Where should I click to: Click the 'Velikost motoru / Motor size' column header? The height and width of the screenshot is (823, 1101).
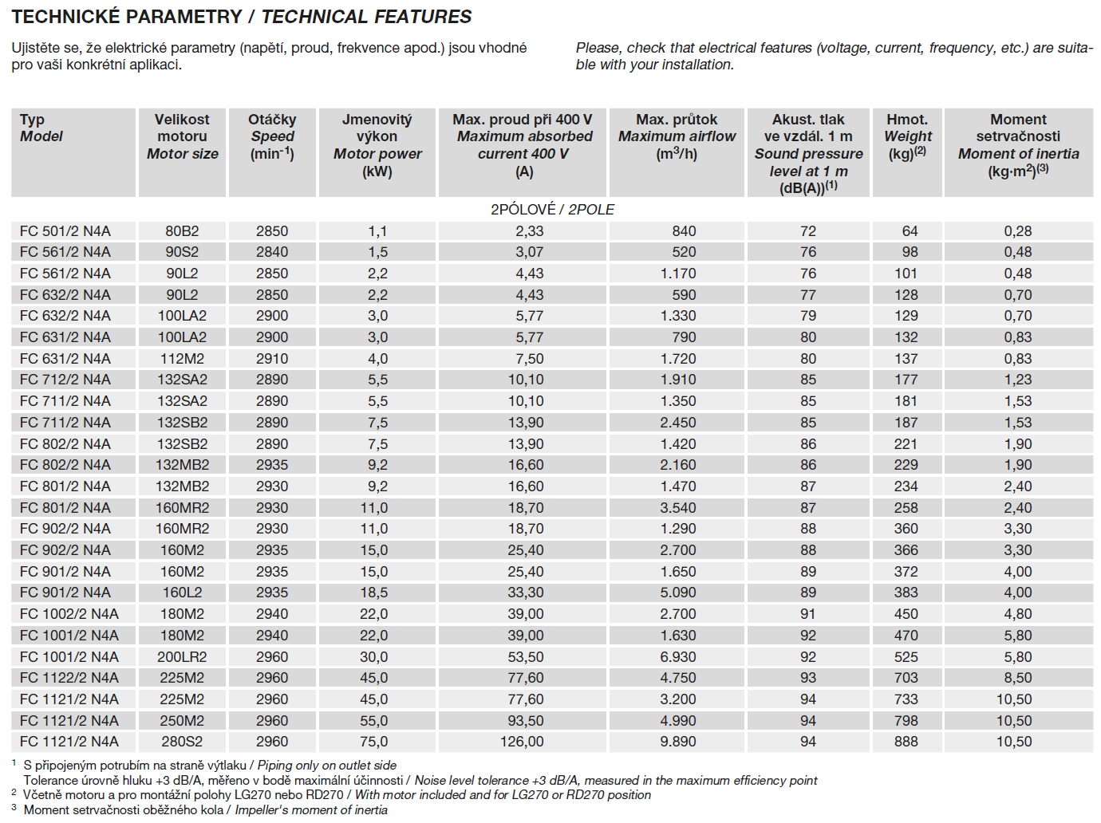click(182, 136)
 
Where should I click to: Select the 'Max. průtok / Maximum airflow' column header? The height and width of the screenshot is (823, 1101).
click(677, 136)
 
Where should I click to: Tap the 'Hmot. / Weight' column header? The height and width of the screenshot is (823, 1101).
click(907, 136)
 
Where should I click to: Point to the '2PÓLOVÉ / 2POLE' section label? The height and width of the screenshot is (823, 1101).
click(552, 210)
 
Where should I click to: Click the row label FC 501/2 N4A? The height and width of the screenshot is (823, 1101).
click(65, 231)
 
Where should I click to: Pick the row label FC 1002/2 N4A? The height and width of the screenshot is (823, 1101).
click(69, 614)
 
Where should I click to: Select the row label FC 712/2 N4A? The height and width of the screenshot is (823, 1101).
click(65, 380)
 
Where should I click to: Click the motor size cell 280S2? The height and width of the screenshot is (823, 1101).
click(182, 742)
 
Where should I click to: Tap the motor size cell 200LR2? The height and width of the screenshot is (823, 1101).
click(182, 657)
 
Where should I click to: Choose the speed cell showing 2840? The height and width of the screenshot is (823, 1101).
click(272, 252)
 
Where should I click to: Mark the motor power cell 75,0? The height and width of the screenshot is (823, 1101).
click(377, 742)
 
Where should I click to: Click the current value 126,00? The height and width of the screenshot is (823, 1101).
click(523, 742)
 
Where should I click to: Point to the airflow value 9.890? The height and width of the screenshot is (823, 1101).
click(677, 742)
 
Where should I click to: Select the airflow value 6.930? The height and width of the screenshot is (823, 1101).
click(677, 657)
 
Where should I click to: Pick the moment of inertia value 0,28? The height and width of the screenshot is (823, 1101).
click(1018, 231)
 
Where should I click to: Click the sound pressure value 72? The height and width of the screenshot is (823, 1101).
click(808, 231)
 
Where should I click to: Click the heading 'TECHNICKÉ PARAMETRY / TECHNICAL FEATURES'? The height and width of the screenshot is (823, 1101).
click(242, 17)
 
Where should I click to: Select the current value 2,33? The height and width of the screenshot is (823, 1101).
click(523, 231)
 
